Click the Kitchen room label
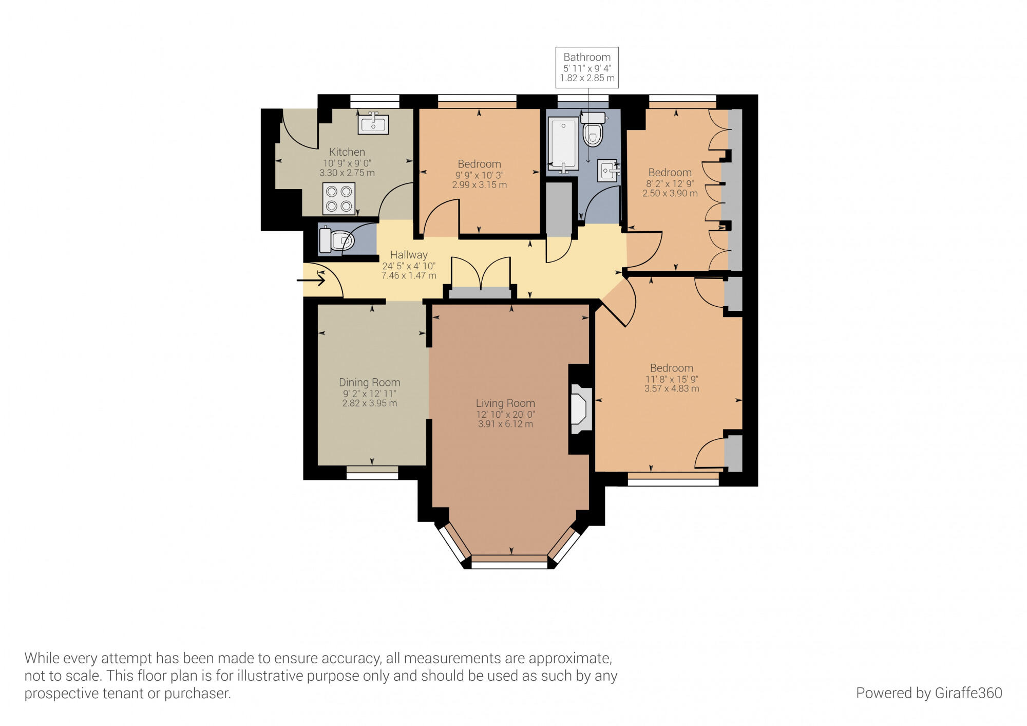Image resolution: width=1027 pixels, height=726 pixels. click(x=347, y=152)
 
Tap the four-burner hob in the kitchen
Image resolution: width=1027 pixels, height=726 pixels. click(x=339, y=198)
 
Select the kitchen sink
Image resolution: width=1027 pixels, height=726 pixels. click(x=373, y=123)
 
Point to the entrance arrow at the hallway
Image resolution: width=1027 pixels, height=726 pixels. click(x=311, y=281)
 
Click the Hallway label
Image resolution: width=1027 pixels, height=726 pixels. click(x=409, y=255)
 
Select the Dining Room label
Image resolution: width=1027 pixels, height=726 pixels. click(x=370, y=382)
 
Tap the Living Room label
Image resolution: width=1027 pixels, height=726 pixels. click(x=505, y=403)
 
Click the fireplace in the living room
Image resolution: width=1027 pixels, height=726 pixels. click(x=581, y=409)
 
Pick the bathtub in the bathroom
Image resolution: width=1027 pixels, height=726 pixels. click(x=563, y=143)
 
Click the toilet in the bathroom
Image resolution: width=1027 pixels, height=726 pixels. click(x=593, y=129)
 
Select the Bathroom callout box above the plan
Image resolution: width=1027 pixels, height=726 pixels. click(x=587, y=67)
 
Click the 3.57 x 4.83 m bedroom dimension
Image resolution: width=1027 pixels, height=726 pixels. click(x=672, y=389)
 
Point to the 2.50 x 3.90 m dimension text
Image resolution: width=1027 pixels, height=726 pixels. click(x=670, y=194)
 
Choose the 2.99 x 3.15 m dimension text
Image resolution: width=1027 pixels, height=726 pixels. click(x=480, y=185)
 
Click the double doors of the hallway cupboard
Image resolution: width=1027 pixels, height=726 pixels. click(x=481, y=275)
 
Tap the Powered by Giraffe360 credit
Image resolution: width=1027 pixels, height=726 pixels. click(x=929, y=693)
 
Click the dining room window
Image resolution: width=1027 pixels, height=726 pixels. click(x=372, y=473)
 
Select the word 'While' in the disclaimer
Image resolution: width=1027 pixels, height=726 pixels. click(x=42, y=658)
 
